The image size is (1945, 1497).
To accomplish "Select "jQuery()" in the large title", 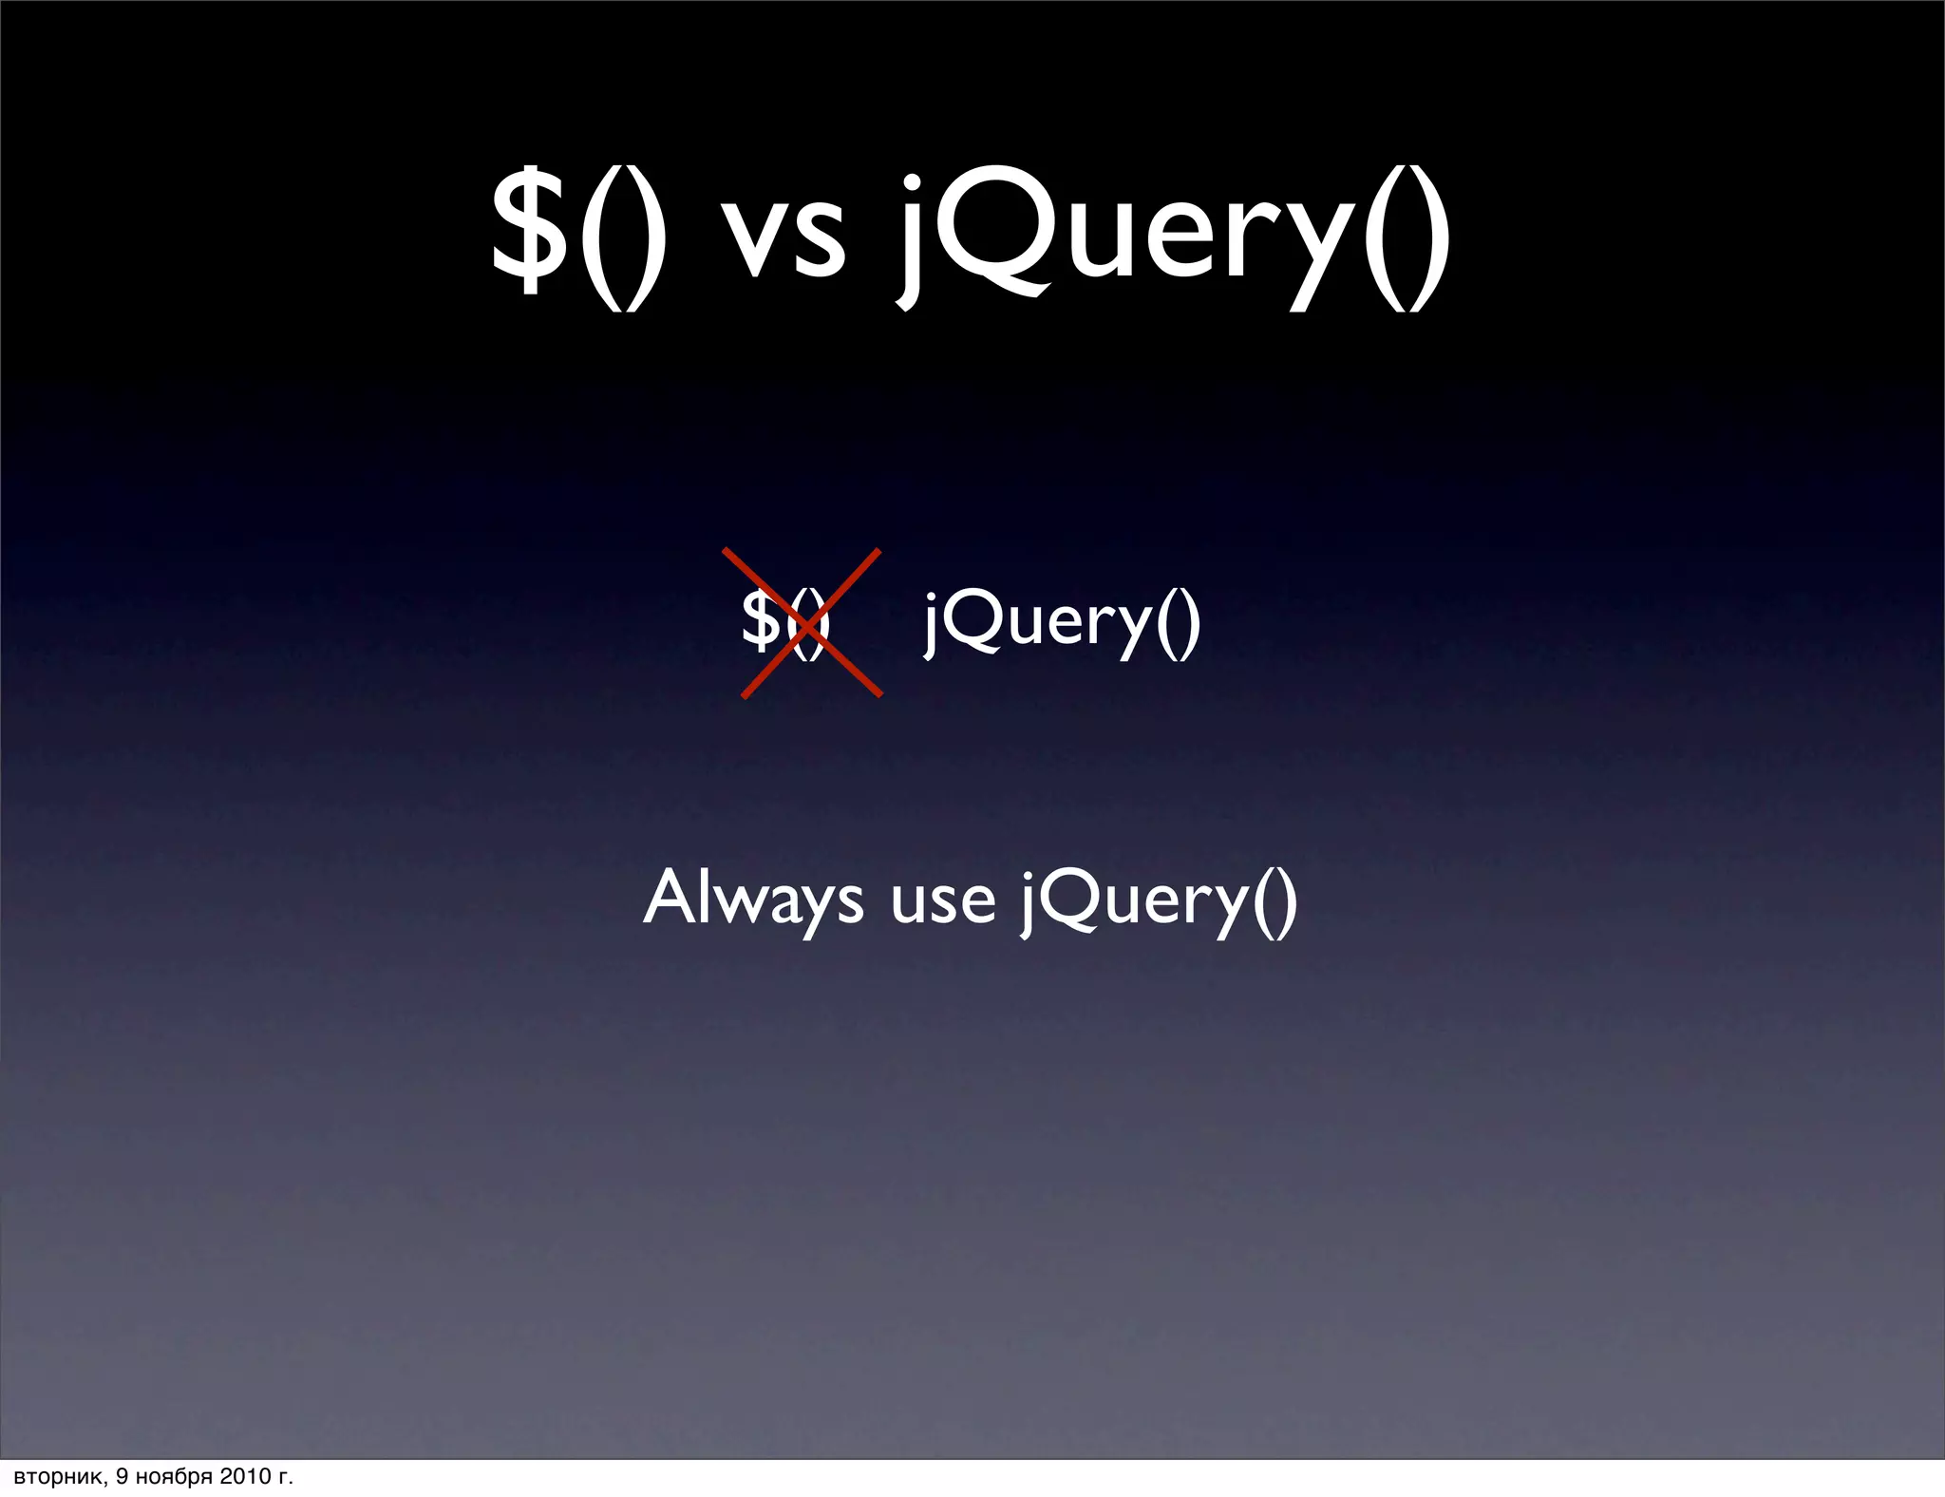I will pos(1174,237).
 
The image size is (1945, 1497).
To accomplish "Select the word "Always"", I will pos(753,899).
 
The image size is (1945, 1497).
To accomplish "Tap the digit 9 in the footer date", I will pos(122,1476).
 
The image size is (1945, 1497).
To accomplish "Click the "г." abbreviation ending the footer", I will pos(284,1477).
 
